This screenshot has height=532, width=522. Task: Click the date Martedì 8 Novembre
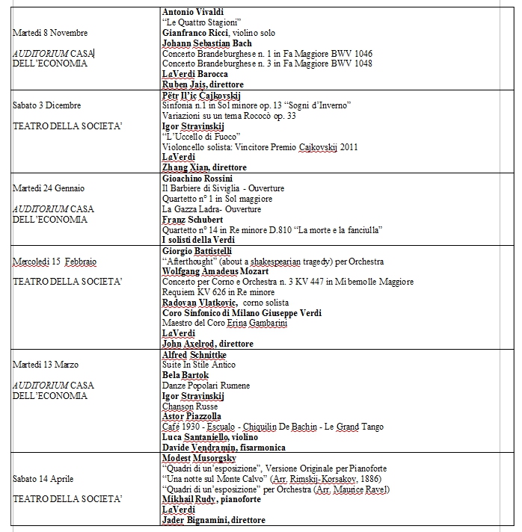click(50, 33)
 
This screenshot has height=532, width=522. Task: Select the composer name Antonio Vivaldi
click(193, 13)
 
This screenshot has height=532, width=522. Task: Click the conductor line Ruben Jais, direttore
click(203, 84)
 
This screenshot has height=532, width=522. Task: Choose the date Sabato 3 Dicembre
click(46, 105)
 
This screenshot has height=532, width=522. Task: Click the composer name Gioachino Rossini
click(197, 179)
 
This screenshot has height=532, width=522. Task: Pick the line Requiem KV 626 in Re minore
click(210, 292)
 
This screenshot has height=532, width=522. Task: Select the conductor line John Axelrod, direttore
click(208, 344)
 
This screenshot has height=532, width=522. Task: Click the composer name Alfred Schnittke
click(194, 354)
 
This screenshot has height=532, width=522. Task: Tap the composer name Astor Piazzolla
click(191, 416)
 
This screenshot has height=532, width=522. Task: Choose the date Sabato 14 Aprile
click(43, 478)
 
